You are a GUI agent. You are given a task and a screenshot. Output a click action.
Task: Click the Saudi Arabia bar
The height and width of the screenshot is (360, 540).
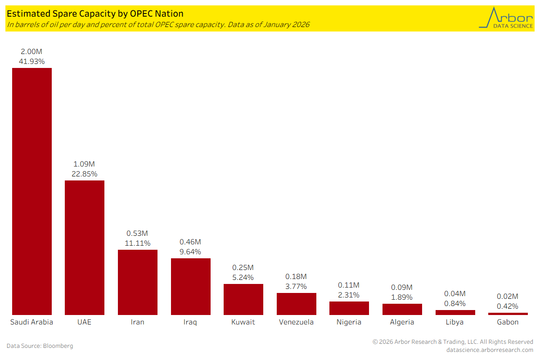[31, 191]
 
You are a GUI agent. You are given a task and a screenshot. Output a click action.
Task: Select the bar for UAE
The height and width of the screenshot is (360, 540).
[85, 247]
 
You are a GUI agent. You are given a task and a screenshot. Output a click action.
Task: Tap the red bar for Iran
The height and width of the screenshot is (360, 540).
[138, 282]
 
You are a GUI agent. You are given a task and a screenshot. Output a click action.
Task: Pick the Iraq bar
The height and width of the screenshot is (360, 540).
[191, 286]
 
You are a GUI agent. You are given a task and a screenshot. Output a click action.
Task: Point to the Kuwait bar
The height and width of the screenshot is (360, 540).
[243, 299]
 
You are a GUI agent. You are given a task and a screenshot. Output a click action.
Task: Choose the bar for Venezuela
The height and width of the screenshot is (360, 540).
[297, 304]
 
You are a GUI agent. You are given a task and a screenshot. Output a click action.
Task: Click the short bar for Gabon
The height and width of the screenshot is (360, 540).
[508, 314]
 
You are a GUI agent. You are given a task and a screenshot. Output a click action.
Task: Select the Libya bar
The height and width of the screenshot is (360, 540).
[455, 312]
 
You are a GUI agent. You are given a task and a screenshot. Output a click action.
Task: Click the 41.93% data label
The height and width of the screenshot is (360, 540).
[31, 62]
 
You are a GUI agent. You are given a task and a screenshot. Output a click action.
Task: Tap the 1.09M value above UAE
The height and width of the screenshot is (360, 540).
[85, 164]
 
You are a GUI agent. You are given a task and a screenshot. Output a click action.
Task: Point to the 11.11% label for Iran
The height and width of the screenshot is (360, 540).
[138, 243]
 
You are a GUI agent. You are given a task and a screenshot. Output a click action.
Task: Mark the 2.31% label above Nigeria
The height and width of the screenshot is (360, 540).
[349, 295]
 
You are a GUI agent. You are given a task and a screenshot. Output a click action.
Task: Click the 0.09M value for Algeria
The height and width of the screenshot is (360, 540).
[402, 287]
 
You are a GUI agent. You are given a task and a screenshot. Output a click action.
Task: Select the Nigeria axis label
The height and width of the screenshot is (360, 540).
[349, 322]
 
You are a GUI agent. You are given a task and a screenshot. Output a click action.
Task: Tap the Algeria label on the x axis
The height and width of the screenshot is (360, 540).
[402, 322]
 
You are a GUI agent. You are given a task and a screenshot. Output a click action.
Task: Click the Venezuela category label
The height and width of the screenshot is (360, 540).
[297, 322]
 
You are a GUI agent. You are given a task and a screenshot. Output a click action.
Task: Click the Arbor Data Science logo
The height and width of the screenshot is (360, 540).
[505, 18]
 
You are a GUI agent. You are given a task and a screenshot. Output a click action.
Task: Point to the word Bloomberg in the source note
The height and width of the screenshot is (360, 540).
[58, 346]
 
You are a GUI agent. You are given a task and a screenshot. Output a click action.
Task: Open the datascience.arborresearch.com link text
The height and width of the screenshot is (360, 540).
[490, 350]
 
